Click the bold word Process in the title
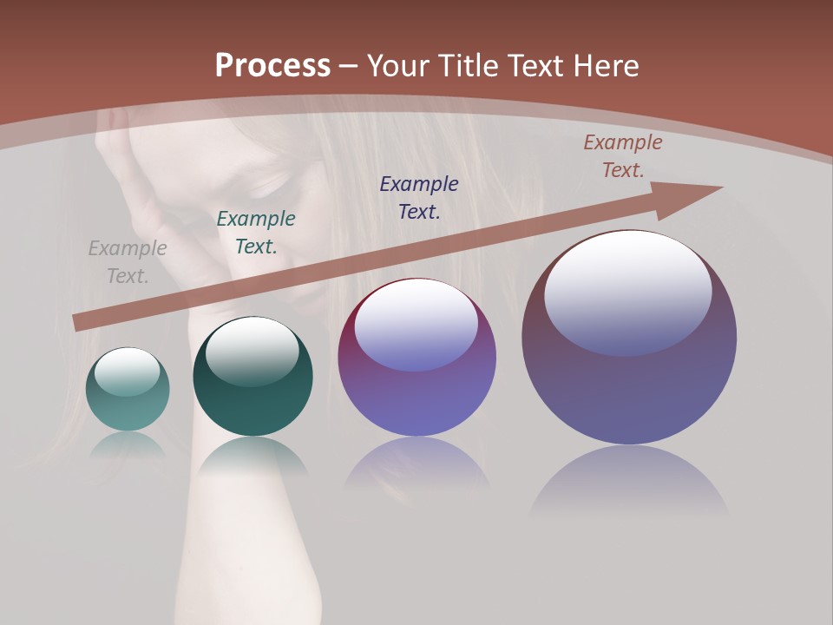272,66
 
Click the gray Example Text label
128,262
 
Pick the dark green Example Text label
256,233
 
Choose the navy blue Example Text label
419,197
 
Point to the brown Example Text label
623,156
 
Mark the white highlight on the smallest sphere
128,372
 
